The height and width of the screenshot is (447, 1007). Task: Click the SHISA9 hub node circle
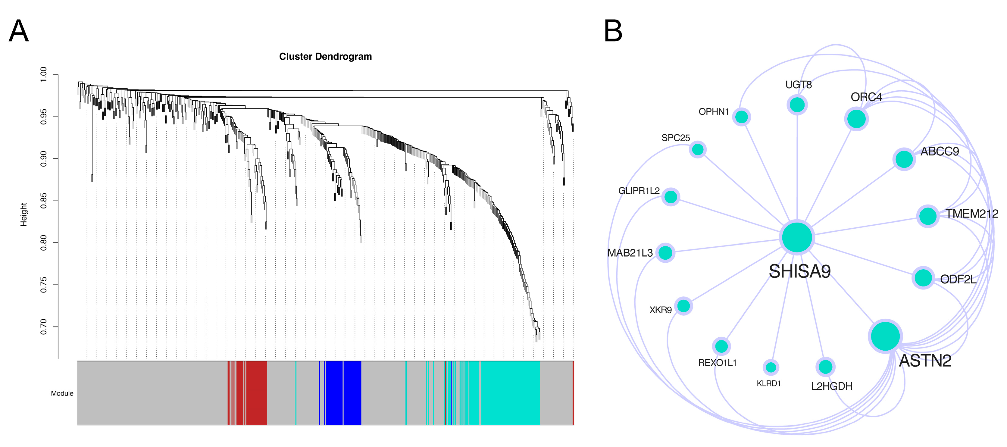(797, 237)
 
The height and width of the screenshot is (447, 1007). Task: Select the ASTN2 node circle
(885, 336)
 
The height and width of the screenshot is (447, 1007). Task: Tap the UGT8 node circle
(797, 105)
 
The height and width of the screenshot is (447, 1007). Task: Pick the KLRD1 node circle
(771, 367)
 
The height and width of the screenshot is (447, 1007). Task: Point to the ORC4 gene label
(866, 97)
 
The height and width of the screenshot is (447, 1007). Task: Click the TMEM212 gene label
(971, 214)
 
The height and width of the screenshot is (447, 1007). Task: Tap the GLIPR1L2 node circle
(671, 197)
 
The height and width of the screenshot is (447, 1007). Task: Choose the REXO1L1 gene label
(717, 363)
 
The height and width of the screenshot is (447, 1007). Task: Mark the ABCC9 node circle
(904, 159)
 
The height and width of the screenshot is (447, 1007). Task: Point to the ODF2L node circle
(923, 278)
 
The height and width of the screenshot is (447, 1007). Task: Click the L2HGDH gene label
(831, 386)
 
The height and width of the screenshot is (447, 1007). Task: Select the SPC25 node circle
(698, 149)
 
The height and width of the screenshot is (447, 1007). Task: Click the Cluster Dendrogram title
(325, 57)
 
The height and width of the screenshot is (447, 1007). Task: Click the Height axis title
(24, 214)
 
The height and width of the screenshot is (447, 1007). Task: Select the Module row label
(62, 393)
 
